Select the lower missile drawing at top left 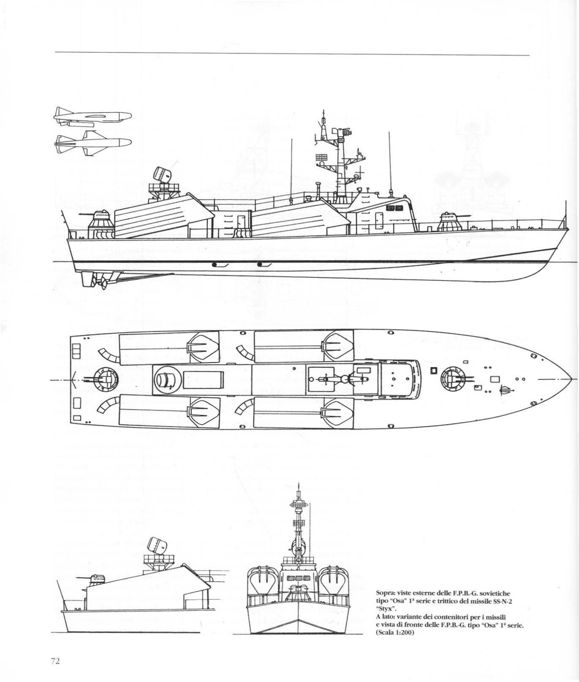93,142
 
